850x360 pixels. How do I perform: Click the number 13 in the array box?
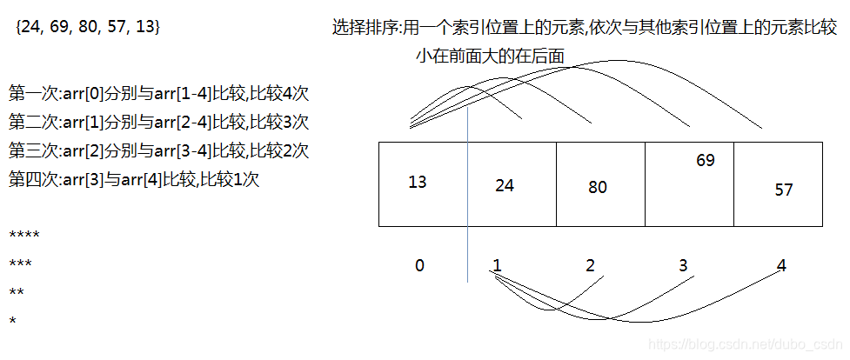pyautogui.click(x=418, y=182)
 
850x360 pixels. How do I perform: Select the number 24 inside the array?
pyautogui.click(x=505, y=184)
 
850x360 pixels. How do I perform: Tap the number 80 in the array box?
pyautogui.click(x=597, y=187)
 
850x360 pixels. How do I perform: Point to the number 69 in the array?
pyautogui.click(x=706, y=160)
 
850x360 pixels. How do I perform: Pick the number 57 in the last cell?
pyautogui.click(x=784, y=190)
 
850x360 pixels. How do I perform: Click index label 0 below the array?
pyautogui.click(x=419, y=265)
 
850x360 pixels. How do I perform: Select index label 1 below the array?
pyautogui.click(x=496, y=265)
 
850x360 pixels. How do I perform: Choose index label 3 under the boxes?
pyautogui.click(x=683, y=265)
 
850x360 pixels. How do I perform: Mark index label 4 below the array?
pyautogui.click(x=781, y=265)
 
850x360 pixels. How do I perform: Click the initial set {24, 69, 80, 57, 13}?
pyautogui.click(x=87, y=28)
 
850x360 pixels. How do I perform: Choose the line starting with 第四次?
pyautogui.click(x=134, y=180)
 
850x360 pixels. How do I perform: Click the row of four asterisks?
pyautogui.click(x=24, y=236)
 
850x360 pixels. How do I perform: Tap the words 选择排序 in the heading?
pyautogui.click(x=366, y=28)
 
